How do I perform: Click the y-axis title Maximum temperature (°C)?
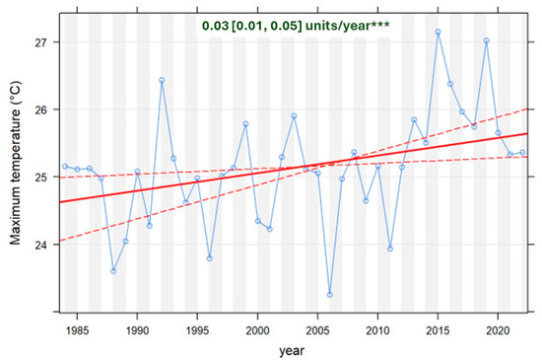click(x=17, y=164)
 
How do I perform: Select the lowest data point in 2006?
click(x=329, y=295)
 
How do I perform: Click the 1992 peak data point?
click(x=162, y=80)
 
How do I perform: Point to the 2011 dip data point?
click(x=390, y=249)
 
